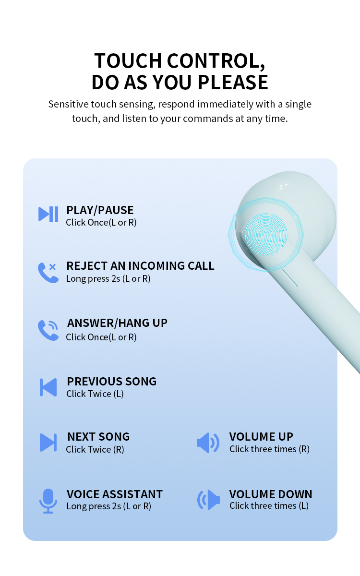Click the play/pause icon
(48, 214)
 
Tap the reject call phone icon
(48, 272)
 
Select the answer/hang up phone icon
(48, 330)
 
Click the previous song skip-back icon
(48, 387)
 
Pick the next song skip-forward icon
(48, 442)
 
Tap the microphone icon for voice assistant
(48, 500)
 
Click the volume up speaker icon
(208, 442)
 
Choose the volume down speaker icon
(208, 500)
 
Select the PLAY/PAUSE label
(100, 210)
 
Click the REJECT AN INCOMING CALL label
(140, 265)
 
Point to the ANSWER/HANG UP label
(117, 323)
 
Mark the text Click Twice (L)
(95, 394)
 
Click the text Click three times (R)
(269, 449)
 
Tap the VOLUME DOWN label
(271, 494)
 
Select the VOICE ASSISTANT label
(115, 494)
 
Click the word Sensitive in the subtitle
(68, 104)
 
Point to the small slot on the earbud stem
(289, 278)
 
